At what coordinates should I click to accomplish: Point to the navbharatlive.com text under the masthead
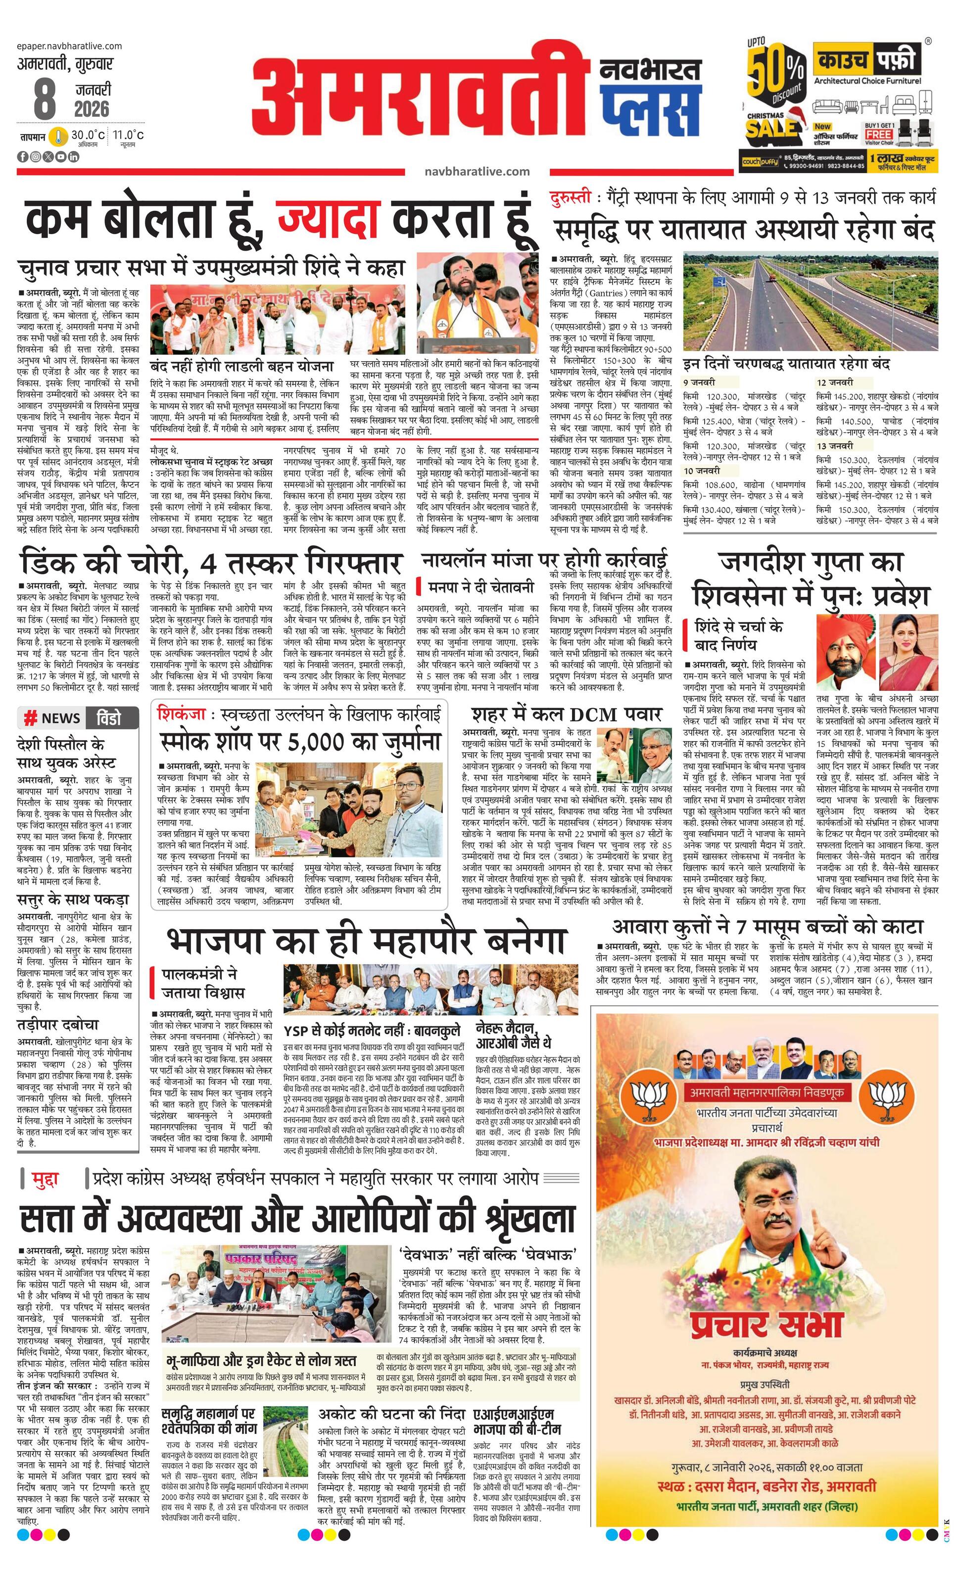477,171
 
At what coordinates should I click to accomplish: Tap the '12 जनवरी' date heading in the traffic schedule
834,382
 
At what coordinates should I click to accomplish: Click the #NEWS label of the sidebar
52,718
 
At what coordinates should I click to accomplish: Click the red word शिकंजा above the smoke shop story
181,715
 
